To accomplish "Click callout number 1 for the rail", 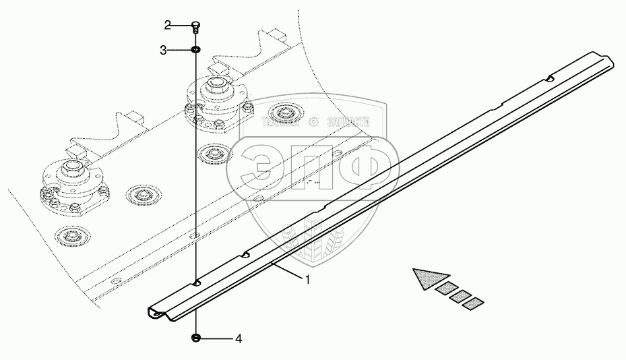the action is tap(308, 280).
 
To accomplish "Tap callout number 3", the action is tap(163, 50).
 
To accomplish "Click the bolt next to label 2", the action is tap(195, 27).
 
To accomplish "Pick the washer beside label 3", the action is tap(195, 50).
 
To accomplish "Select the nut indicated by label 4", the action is tap(196, 338).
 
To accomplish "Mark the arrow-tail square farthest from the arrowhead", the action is tap(475, 303).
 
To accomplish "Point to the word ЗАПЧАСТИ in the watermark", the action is tap(348, 123).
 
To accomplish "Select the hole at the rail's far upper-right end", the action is tap(551, 80).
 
